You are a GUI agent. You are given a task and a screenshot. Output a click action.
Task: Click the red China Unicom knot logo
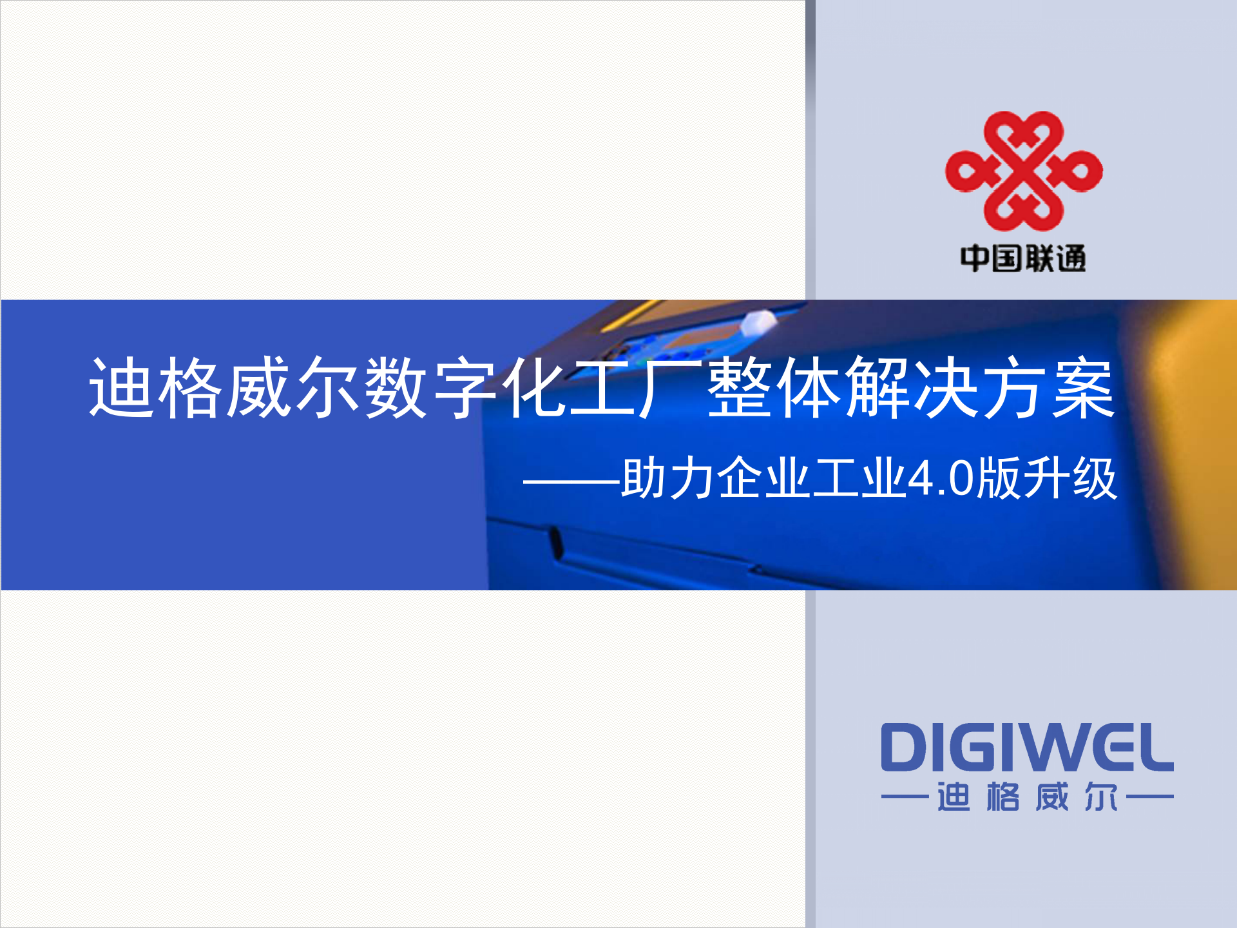click(x=1023, y=171)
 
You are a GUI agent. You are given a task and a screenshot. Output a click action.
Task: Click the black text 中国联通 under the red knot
click(x=1023, y=258)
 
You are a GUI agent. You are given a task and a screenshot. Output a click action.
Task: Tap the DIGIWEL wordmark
click(x=1027, y=748)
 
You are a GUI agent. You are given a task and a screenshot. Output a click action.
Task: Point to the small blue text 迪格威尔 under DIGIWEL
click(x=1027, y=797)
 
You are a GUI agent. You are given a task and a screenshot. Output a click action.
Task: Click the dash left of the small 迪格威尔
click(x=905, y=797)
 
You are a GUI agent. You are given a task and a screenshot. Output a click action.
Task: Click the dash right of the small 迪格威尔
click(x=1151, y=797)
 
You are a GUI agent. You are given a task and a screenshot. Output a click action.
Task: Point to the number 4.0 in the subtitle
click(x=941, y=478)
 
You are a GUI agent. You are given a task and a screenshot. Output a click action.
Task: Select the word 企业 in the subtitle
click(x=763, y=478)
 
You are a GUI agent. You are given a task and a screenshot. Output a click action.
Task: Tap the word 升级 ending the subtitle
click(x=1069, y=478)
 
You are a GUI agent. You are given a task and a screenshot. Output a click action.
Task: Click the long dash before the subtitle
click(x=571, y=481)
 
